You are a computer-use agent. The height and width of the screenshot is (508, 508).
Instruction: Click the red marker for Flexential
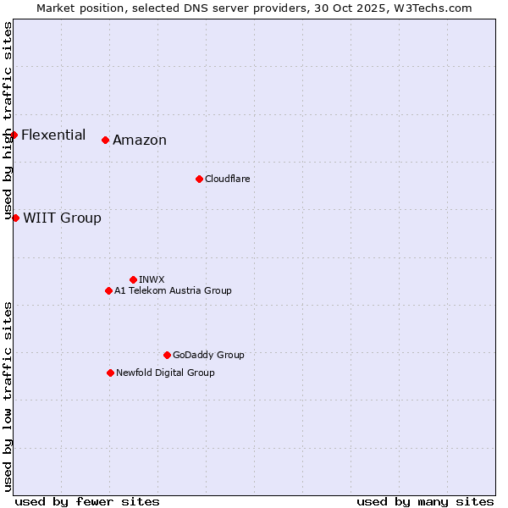coord(14,135)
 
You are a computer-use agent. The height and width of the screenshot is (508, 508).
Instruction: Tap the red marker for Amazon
coord(105,140)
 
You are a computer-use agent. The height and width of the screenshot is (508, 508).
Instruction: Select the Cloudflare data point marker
coord(199,179)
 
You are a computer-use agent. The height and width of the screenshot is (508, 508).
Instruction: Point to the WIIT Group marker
coord(15,218)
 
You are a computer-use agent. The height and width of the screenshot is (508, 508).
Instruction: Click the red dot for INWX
coord(133,279)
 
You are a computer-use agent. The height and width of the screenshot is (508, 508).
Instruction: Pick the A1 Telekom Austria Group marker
coord(108,290)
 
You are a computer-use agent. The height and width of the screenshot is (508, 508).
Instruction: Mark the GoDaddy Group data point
coord(167,355)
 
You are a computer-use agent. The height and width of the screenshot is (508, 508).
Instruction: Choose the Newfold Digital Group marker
coord(110,373)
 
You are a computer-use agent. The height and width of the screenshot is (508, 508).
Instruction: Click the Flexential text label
coord(53,135)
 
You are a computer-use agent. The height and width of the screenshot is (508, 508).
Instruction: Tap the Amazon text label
coord(140,141)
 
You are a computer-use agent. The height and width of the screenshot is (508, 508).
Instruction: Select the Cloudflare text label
coord(227,179)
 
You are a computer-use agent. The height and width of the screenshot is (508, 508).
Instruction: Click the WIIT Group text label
coord(62,218)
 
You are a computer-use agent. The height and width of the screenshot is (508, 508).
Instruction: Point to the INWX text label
coord(152,279)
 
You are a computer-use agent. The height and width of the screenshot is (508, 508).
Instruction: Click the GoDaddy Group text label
coord(208,355)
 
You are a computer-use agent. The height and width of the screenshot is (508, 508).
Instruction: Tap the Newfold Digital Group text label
coord(165,373)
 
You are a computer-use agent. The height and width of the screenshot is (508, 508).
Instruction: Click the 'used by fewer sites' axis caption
coord(87,501)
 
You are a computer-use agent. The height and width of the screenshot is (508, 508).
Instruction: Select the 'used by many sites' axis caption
coord(425,501)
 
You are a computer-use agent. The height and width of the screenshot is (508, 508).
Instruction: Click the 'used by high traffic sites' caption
coord(8,121)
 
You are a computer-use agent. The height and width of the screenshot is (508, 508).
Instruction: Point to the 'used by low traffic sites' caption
coord(8,396)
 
